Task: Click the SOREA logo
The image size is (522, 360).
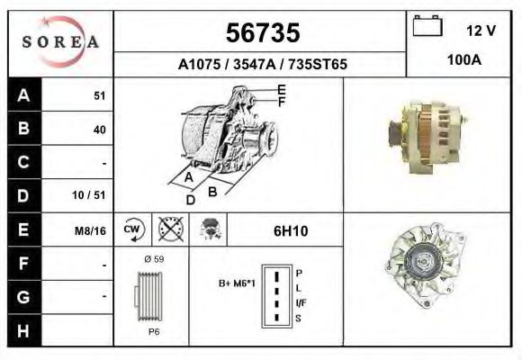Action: tap(60, 43)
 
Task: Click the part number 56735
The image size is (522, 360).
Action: tap(261, 33)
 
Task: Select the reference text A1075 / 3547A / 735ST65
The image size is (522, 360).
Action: tap(263, 65)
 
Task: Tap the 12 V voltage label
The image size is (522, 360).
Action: tap(481, 31)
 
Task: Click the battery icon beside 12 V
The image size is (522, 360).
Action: tap(427, 27)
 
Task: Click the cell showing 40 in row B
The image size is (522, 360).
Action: tap(99, 130)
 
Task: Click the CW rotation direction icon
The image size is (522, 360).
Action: tap(131, 229)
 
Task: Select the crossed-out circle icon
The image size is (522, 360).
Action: tap(169, 229)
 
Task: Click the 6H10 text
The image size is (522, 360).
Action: tap(291, 230)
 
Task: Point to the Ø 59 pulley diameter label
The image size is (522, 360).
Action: tap(153, 259)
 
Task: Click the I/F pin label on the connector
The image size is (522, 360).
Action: tap(301, 302)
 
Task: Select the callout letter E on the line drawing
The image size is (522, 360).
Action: tap(281, 89)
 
